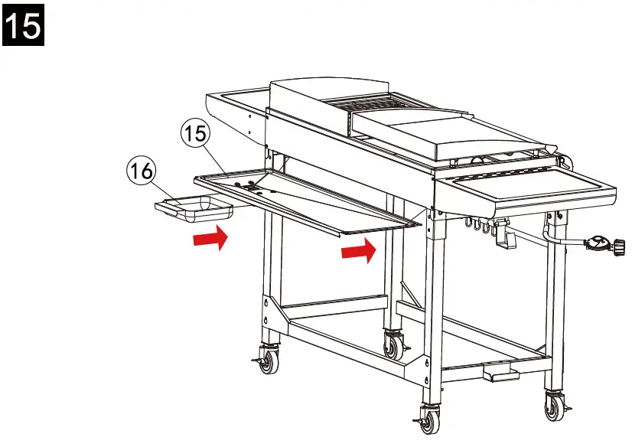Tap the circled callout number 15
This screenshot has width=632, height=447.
click(195, 133)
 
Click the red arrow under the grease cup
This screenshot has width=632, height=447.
click(209, 239)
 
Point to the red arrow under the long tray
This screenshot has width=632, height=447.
click(357, 250)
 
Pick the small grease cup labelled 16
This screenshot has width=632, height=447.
click(193, 207)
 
